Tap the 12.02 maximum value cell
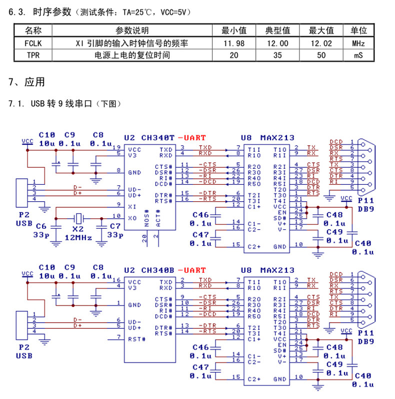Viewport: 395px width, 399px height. [x=321, y=43]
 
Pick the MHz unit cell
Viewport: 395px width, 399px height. [x=358, y=43]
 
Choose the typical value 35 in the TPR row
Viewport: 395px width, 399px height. [x=277, y=55]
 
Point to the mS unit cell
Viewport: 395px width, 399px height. [x=358, y=55]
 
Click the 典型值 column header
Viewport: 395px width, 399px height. [x=277, y=31]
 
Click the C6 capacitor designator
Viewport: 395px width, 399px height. [x=41, y=226]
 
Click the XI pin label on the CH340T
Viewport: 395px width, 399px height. [x=132, y=206]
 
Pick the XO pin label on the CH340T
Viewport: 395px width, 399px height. [x=132, y=218]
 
